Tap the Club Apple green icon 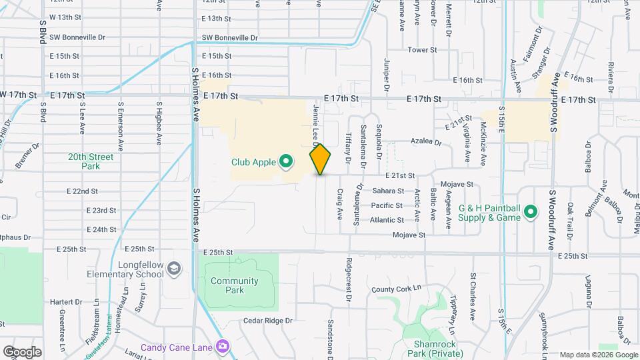pyautogui.click(x=286, y=161)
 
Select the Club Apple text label pyautogui.click(x=253, y=161)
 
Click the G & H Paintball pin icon pyautogui.click(x=531, y=212)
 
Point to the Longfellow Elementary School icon pyautogui.click(x=173, y=268)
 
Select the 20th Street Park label pyautogui.click(x=90, y=161)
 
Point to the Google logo pyautogui.click(x=22, y=351)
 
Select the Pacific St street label pyautogui.click(x=387, y=205)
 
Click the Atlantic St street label pyautogui.click(x=387, y=219)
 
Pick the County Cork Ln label pyautogui.click(x=397, y=289)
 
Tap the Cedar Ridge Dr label pyautogui.click(x=268, y=320)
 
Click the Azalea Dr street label pyautogui.click(x=425, y=142)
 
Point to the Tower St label pyautogui.click(x=422, y=50)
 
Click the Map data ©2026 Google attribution pyautogui.click(x=599, y=354)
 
